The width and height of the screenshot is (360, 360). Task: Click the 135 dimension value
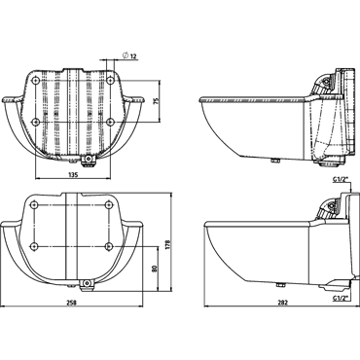pos(73,175)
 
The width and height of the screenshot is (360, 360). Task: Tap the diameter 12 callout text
pos(129,56)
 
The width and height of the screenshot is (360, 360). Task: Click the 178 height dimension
pos(167,245)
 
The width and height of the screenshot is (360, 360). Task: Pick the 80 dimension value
pos(154,269)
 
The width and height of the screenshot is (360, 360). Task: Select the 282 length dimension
pos(283,303)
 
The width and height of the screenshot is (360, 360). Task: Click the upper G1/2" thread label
pos(341,178)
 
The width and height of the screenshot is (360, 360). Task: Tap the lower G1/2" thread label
pos(340,297)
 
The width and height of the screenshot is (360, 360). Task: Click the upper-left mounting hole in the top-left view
pos(35,80)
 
